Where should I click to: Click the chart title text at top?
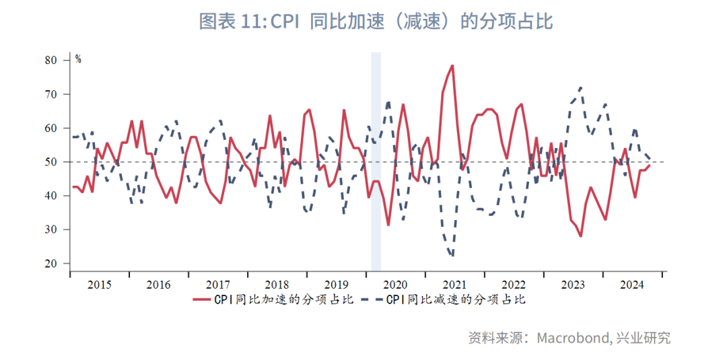coord(376,22)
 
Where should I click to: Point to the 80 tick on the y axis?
coord(52,60)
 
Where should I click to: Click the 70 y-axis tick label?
coord(52,94)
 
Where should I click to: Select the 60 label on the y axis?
coord(52,128)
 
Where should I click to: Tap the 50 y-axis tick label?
coord(52,162)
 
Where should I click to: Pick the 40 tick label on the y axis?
coord(52,196)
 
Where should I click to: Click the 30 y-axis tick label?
coord(52,229)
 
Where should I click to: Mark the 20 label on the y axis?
coord(52,264)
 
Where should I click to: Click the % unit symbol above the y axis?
coord(78,59)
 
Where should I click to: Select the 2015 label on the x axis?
coord(100,285)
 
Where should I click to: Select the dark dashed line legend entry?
coord(444,300)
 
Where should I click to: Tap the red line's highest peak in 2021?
coord(452,65)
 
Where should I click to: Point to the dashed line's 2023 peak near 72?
coord(580,87)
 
